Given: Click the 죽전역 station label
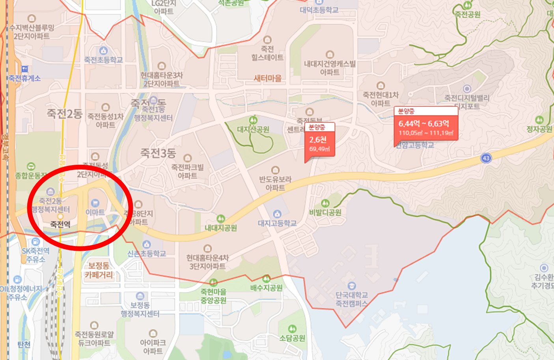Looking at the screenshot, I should coord(60,224).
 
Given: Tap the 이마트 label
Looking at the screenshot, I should coord(95,212).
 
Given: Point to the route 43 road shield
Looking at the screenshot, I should coord(486,159).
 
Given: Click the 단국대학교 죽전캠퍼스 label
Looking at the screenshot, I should coord(352,299).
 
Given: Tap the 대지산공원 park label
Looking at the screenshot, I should coord(253,129).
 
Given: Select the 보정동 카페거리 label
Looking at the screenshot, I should coord(99,270).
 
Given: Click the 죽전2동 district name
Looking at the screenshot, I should coord(64,114).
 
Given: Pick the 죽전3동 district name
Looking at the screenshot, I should coord(158,153).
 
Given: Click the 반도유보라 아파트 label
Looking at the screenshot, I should coord(275,183).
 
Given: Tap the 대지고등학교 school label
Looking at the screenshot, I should coord(277,223).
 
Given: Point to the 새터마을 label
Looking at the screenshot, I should coord(268,78).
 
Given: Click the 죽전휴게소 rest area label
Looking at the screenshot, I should coord(25,78).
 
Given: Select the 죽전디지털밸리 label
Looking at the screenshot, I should coord(467,97).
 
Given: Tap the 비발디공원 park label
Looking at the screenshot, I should coord(325,213).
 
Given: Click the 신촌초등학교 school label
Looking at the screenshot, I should coord(147,254).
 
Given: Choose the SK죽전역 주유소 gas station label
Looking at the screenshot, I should coord(35,255).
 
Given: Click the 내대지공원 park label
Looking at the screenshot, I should coord(221,228).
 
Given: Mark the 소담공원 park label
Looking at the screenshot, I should coord(292,338).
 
